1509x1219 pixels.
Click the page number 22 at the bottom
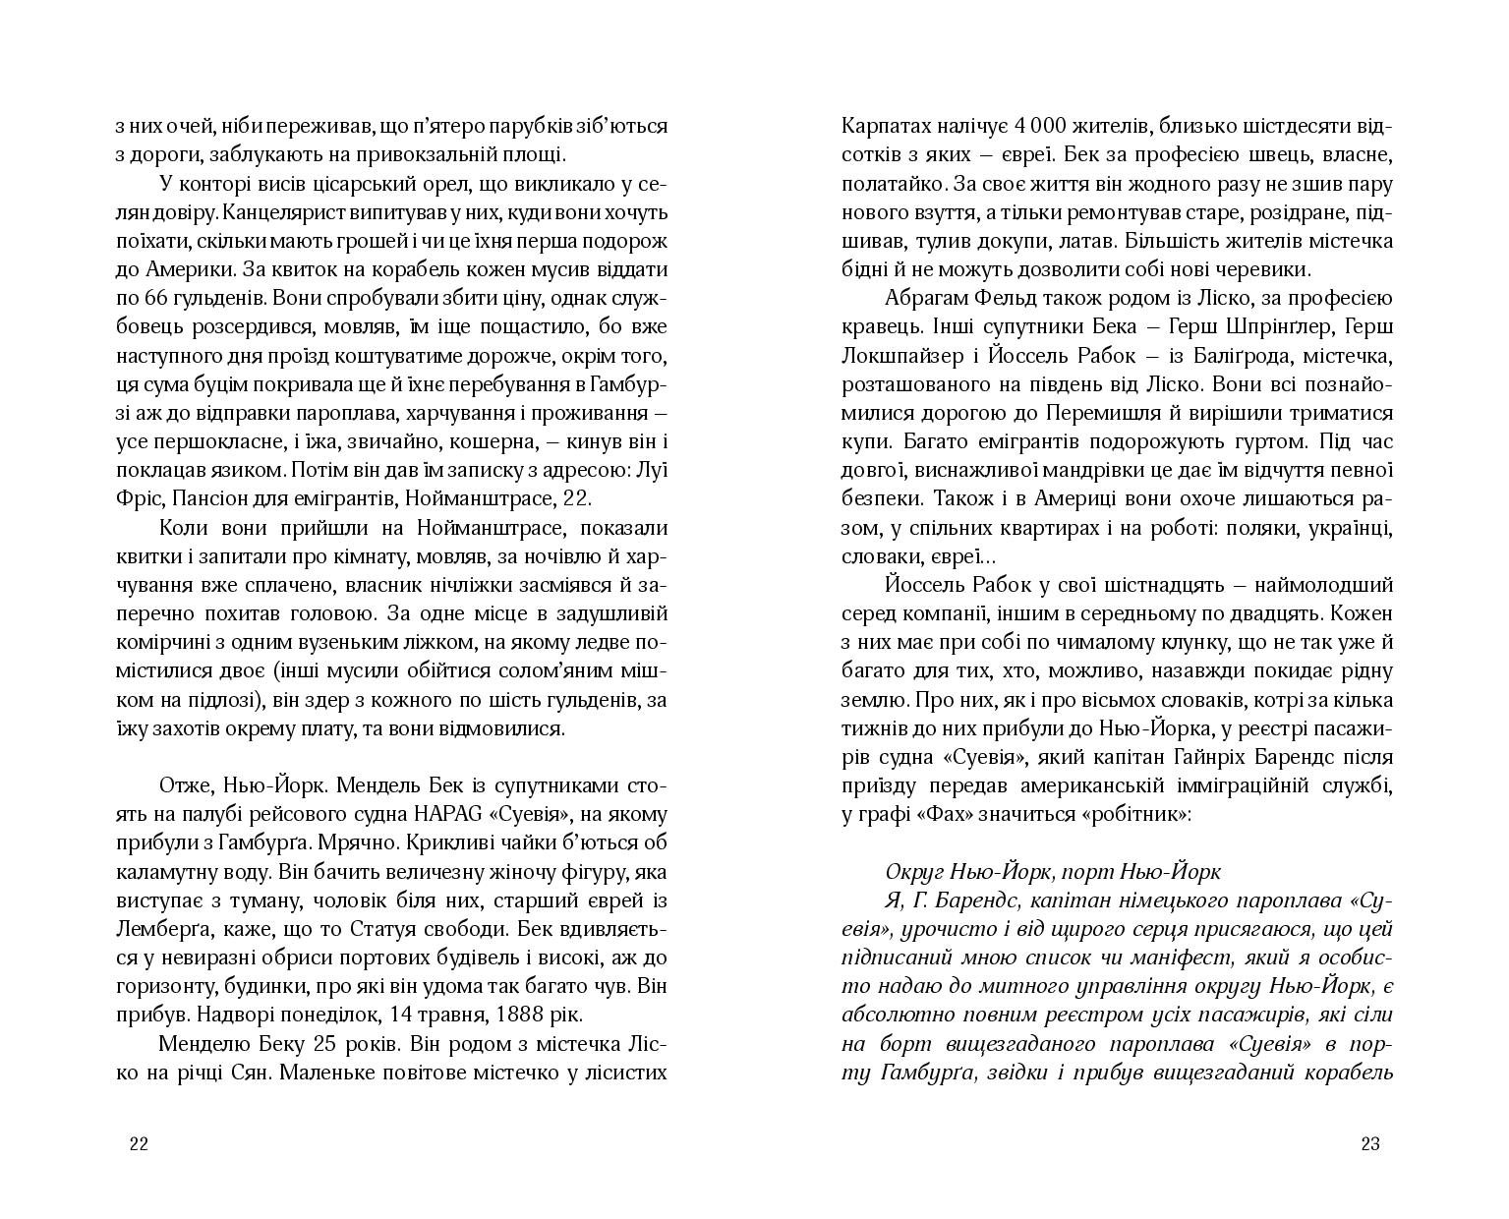tap(139, 1143)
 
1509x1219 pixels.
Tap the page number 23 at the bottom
tap(1370, 1143)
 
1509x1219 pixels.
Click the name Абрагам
tap(929, 298)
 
